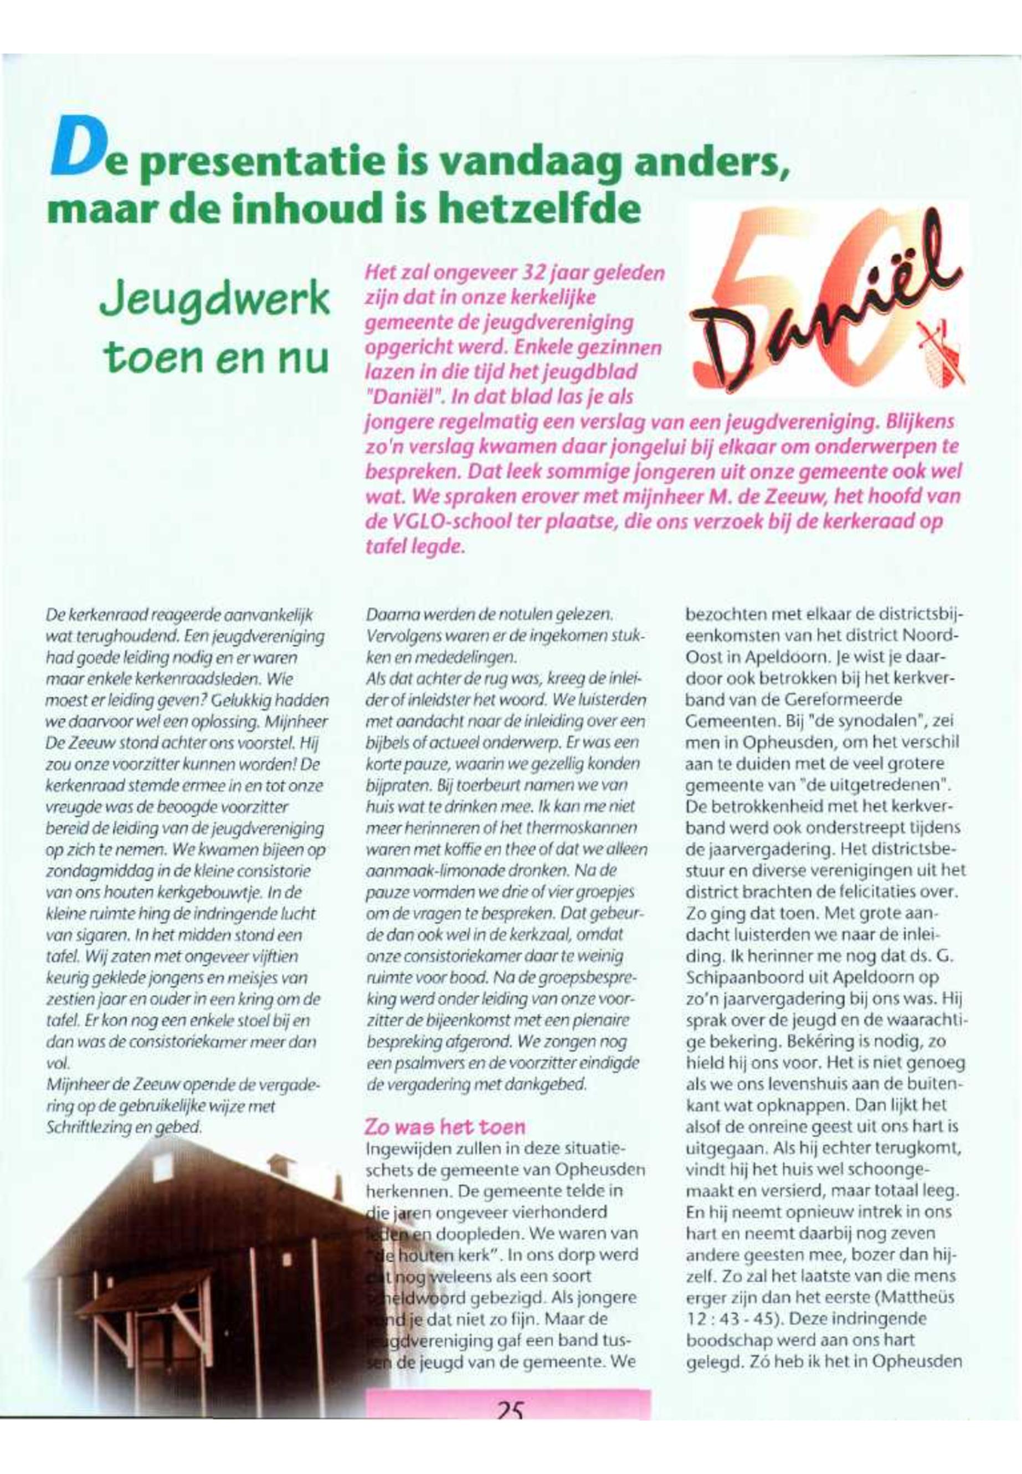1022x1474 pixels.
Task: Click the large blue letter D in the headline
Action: [x=73, y=152]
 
